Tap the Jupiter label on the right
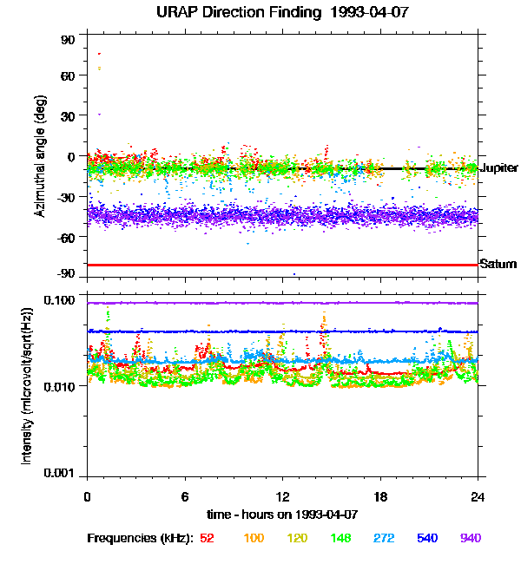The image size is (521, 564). tap(498, 167)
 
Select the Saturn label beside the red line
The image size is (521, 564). tap(498, 264)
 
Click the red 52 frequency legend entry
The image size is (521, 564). tap(207, 539)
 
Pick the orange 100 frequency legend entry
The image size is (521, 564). tap(254, 539)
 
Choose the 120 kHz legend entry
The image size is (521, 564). tap(297, 539)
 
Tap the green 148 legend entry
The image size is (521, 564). tap(340, 539)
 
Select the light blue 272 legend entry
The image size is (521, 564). tap(384, 539)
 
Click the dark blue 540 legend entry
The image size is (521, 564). tap(427, 539)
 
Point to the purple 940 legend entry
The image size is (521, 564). tap(471, 539)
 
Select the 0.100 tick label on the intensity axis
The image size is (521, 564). tap(61, 300)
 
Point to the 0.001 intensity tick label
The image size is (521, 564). tap(61, 473)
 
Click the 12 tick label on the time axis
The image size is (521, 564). tap(282, 496)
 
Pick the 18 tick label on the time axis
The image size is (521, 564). tap(380, 496)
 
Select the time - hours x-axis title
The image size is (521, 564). tap(282, 515)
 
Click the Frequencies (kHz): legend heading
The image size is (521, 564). tap(140, 539)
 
